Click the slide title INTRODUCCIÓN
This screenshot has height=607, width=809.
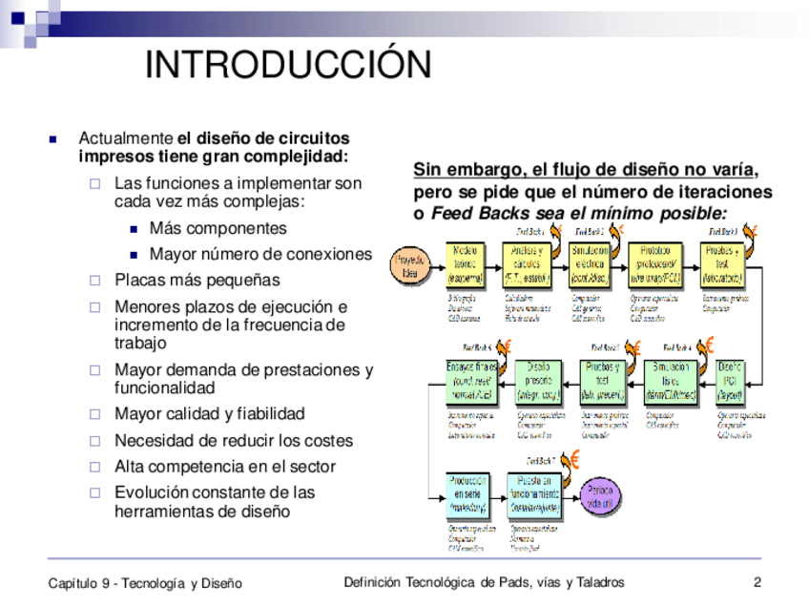(x=288, y=65)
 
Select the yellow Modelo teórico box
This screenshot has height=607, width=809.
(x=466, y=264)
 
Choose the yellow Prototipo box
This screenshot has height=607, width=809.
(x=655, y=264)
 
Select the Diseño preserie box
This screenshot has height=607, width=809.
(x=539, y=381)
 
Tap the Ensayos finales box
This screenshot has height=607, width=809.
(x=471, y=381)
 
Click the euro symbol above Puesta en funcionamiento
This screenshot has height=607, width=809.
(x=569, y=463)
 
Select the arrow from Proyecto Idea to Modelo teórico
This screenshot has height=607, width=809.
(x=437, y=264)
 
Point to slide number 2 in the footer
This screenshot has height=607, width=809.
(x=757, y=582)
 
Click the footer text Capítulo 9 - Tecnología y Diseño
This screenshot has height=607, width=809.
(x=145, y=583)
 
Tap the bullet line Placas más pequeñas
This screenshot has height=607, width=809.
(x=197, y=281)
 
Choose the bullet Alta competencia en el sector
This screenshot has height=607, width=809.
(x=225, y=467)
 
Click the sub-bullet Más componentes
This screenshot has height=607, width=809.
(x=218, y=229)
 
